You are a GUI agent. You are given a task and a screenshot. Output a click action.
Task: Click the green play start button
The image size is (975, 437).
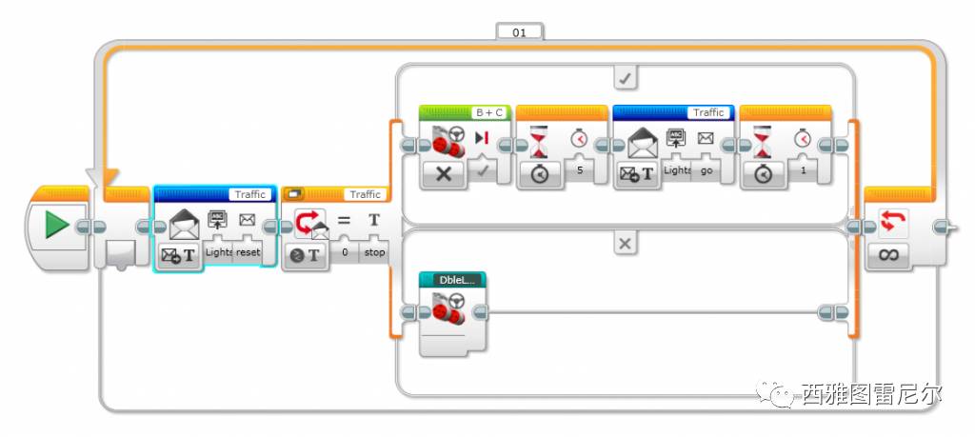tap(56, 225)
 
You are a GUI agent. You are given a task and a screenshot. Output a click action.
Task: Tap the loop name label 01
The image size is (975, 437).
tap(519, 31)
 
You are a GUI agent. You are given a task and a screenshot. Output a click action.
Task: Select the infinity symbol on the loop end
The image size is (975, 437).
tap(889, 255)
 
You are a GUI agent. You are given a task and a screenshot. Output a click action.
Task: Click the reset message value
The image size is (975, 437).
tap(249, 252)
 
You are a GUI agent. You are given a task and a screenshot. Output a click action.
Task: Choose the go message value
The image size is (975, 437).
tap(706, 169)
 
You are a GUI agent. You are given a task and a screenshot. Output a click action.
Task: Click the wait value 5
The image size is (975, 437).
tap(579, 170)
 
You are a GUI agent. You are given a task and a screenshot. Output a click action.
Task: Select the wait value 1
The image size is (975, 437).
tap(803, 170)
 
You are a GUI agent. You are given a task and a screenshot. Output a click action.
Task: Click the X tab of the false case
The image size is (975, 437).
tap(625, 244)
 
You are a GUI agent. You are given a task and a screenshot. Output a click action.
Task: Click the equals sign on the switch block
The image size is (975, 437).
tap(344, 220)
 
